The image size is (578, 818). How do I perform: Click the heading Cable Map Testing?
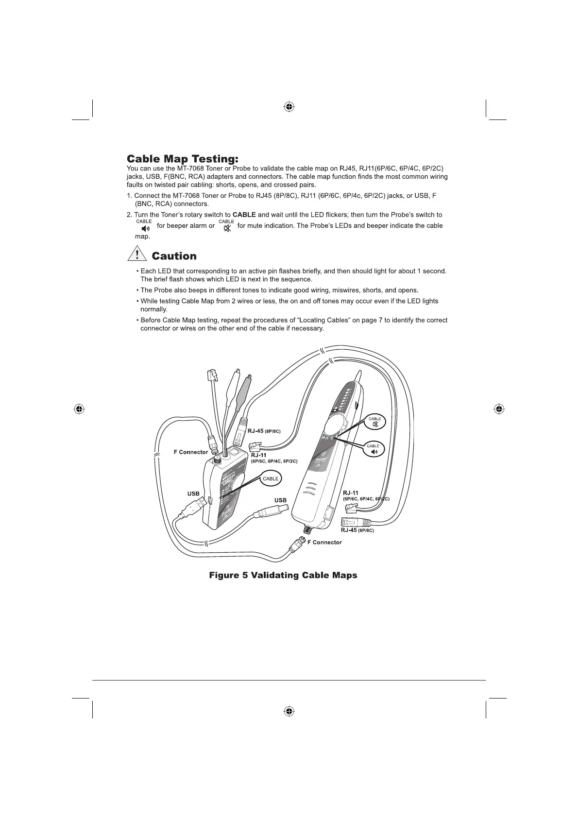(x=183, y=159)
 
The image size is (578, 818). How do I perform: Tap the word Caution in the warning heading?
(x=174, y=256)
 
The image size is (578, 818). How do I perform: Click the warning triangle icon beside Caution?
(x=137, y=255)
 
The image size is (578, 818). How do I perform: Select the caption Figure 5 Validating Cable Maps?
(x=283, y=575)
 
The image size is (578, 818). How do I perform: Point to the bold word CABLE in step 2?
(x=244, y=215)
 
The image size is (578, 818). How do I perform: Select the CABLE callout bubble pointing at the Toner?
(x=271, y=478)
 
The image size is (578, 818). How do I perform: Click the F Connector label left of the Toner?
(x=191, y=452)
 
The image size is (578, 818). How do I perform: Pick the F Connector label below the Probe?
(x=324, y=542)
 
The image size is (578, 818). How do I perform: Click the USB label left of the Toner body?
(x=193, y=494)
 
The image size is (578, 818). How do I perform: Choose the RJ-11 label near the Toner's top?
(x=258, y=455)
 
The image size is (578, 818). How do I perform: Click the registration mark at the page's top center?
(x=289, y=106)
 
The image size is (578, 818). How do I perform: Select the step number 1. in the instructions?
(x=130, y=196)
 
